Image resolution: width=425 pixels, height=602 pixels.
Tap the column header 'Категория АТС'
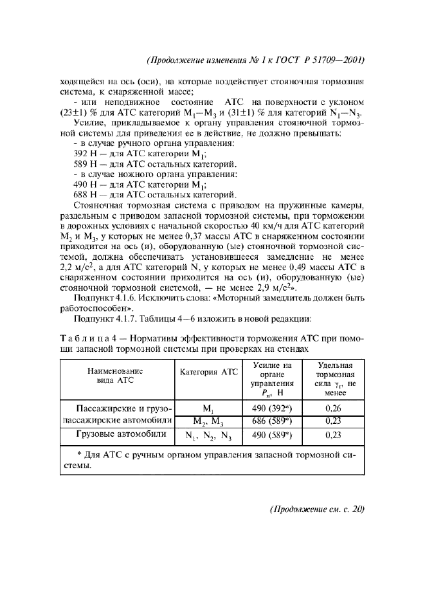pyautogui.click(x=208, y=372)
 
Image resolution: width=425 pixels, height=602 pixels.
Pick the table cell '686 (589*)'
pyautogui.click(x=267, y=422)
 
